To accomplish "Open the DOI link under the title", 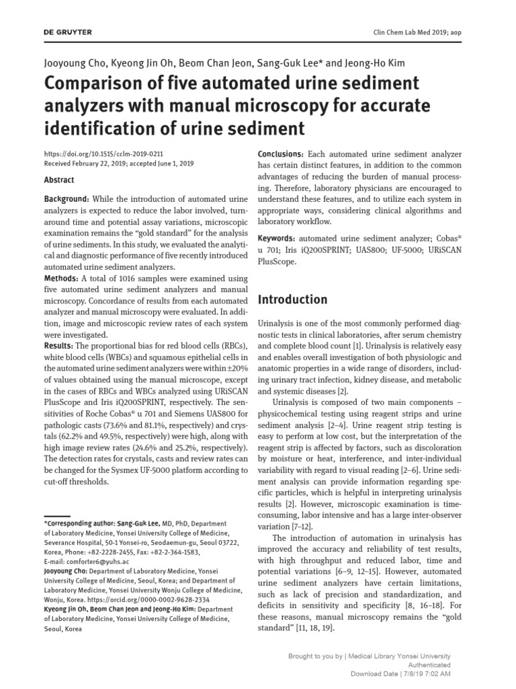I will coord(103,154).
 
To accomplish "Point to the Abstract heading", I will coord(59,180).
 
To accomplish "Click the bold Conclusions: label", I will coord(281,155).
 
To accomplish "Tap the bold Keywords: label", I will coord(276,239).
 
